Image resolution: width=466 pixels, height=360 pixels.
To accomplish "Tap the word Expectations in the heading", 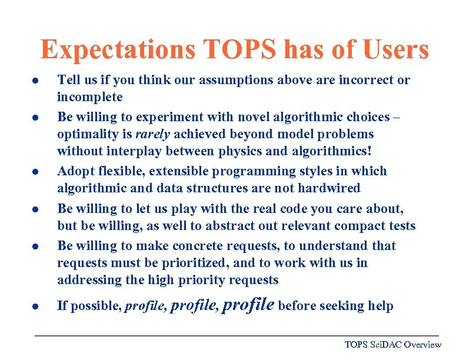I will (x=118, y=50).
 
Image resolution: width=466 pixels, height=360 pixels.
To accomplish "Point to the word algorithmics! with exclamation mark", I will (x=327, y=152).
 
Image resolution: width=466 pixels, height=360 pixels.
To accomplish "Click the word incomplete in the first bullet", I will (x=89, y=97).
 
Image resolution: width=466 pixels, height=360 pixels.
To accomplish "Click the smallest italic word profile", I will (x=145, y=306).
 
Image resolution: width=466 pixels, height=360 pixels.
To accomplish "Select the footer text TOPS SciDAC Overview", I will (x=392, y=345).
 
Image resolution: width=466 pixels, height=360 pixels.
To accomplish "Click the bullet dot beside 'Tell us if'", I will (x=36, y=81).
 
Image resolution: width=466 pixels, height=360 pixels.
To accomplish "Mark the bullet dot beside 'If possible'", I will (x=36, y=306).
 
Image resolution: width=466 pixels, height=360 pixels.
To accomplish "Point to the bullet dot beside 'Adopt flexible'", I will (x=36, y=172).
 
